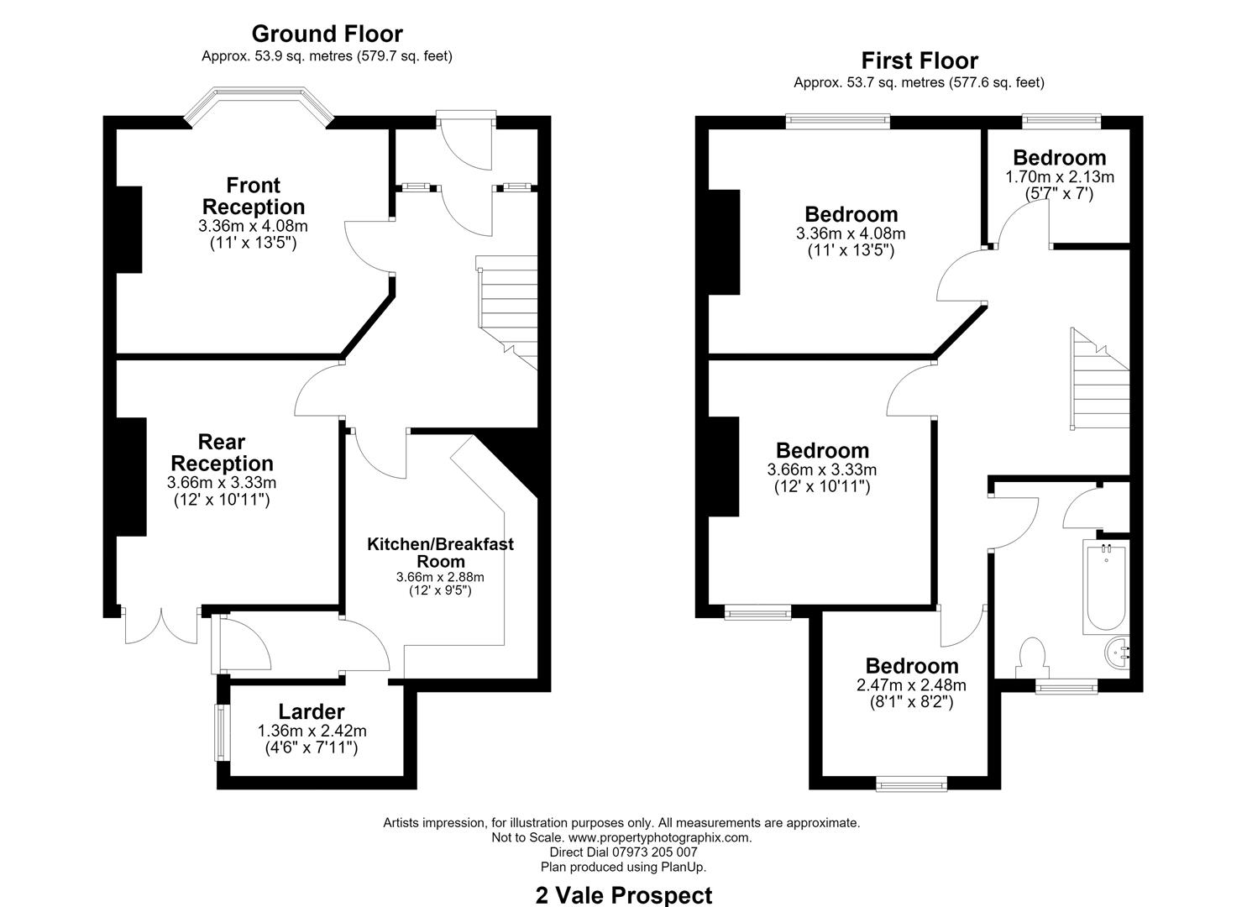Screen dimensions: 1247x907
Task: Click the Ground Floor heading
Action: click(327, 34)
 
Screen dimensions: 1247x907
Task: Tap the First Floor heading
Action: click(920, 60)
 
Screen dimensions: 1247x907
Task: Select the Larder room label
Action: click(312, 711)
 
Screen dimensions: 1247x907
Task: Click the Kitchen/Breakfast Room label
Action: click(440, 553)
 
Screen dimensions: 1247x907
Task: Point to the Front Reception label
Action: click(254, 196)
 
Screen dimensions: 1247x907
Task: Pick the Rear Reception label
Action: click(222, 453)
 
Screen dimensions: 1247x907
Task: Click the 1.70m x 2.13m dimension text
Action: click(1060, 177)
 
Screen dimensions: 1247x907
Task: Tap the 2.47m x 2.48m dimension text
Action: click(911, 684)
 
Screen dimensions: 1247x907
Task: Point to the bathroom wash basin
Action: click(1118, 653)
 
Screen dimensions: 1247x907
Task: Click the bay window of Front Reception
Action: click(259, 103)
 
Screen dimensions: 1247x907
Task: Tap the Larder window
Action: click(223, 732)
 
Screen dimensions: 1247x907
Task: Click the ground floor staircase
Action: click(507, 312)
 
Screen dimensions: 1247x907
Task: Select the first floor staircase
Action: click(1100, 379)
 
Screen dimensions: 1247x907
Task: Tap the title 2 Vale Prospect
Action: click(623, 895)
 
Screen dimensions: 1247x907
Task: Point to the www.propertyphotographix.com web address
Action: click(660, 837)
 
